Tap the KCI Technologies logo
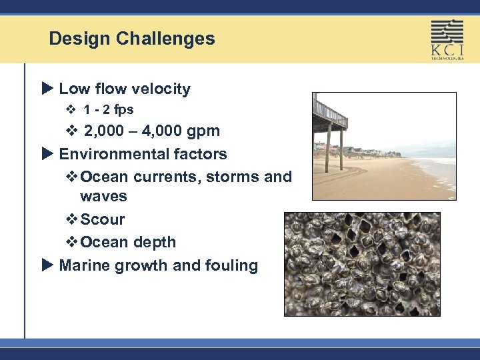click(447, 39)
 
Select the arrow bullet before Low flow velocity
click(46, 89)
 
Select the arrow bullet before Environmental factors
click(46, 154)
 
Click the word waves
click(103, 197)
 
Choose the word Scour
click(102, 219)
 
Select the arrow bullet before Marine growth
click(46, 265)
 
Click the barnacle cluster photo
click(362, 264)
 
